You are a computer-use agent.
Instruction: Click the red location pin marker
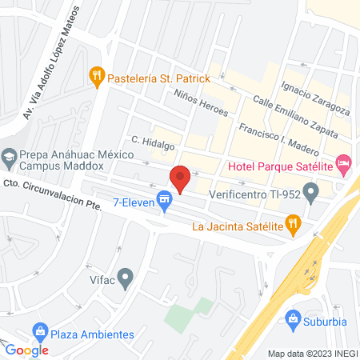(180, 179)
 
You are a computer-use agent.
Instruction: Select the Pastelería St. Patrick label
(160, 78)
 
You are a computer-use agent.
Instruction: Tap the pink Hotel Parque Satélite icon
(344, 166)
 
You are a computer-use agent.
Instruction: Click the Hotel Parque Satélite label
(280, 166)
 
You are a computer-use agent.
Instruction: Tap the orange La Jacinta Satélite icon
(294, 226)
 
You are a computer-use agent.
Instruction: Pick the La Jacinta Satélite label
(238, 226)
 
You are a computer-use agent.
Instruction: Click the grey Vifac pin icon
(126, 278)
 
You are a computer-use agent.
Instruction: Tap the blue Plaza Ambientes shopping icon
(39, 330)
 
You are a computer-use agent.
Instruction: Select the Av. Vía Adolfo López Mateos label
(52, 60)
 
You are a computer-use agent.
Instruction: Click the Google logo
(27, 350)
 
